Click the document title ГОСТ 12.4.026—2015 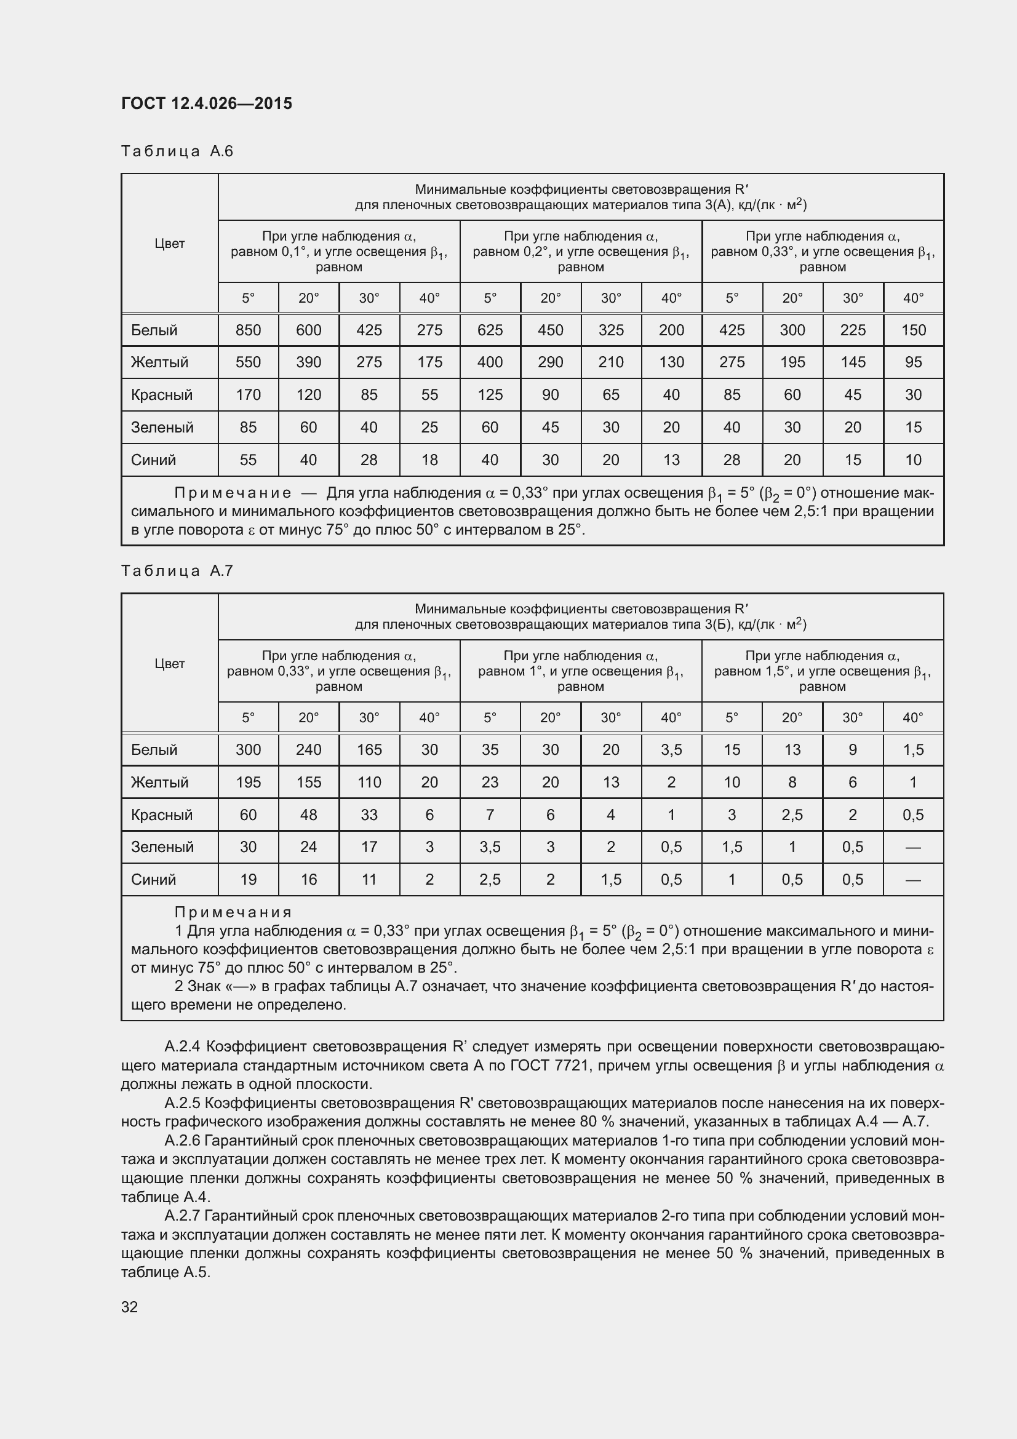pos(206,103)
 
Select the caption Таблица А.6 pos(177,151)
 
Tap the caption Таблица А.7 pos(177,570)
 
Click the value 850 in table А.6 pos(248,330)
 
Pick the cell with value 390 pos(308,362)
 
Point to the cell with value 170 pos(248,395)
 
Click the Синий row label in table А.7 pos(154,879)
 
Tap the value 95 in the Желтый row pos(913,362)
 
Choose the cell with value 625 pos(489,330)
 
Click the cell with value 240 pos(308,749)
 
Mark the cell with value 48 pos(308,815)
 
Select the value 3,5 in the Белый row pos(671,749)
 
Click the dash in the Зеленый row pos(913,847)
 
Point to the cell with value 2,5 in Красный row pos(792,815)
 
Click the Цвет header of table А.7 pos(169,663)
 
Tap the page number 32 pos(129,1307)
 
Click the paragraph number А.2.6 pos(182,1141)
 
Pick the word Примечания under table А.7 pos(233,912)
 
